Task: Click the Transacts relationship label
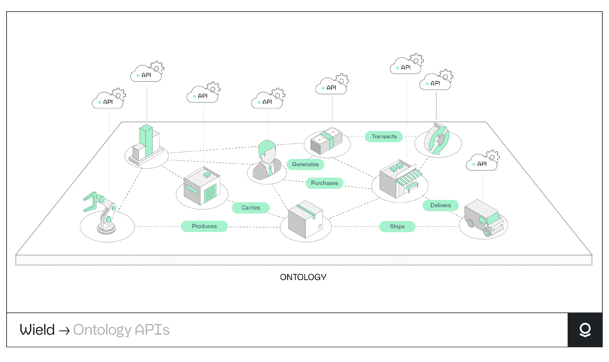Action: coord(384,137)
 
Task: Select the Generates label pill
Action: coord(305,164)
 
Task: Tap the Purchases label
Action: coord(324,183)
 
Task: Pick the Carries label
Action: coord(251,208)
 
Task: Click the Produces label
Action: coord(204,226)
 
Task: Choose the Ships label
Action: coord(397,227)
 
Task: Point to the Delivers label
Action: coord(440,205)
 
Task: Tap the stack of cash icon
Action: coord(326,141)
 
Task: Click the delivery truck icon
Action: coord(484,218)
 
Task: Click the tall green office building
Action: coord(146,141)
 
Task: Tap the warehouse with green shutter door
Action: coord(202,187)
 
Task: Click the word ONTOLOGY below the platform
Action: coord(303,277)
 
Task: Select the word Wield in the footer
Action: coord(37,330)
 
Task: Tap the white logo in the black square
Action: coord(585,330)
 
